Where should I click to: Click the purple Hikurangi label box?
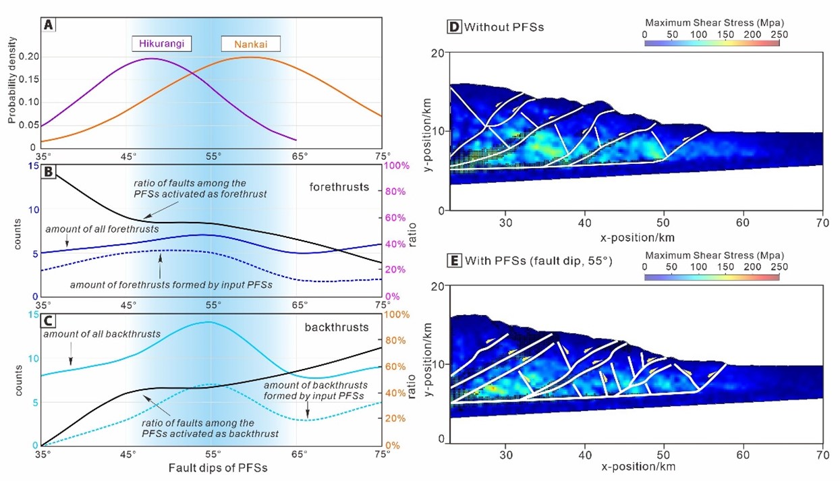[x=162, y=45]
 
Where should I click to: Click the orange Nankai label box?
[x=250, y=45]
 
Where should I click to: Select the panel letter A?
[x=49, y=25]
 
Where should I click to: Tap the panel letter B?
[x=49, y=172]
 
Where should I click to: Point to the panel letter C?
[x=49, y=321]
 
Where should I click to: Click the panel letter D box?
[x=455, y=28]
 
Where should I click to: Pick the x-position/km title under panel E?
[x=637, y=466]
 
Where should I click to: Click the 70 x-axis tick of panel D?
[x=822, y=223]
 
